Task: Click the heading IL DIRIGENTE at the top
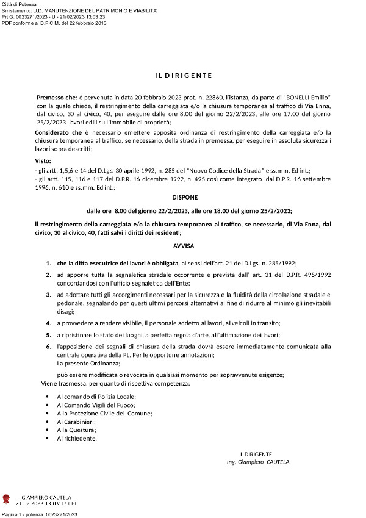(182, 76)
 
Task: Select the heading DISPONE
(182, 198)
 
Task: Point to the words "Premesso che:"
(57, 97)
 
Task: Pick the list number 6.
(48, 347)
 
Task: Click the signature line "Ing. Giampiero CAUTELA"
(257, 462)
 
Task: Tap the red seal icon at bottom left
(7, 500)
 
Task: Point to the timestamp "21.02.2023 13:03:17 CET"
(46, 504)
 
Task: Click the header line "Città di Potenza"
(19, 4)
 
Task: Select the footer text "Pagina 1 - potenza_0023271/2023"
(39, 515)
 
